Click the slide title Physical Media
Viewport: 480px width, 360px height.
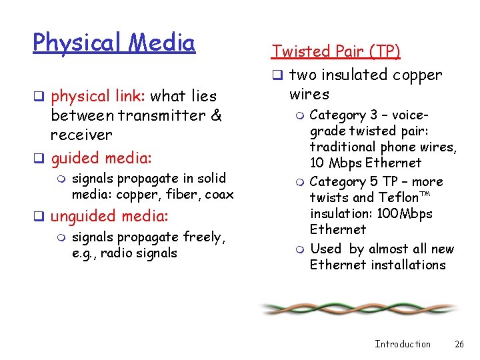pos(114,43)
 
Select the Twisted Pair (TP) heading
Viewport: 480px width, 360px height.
pos(335,51)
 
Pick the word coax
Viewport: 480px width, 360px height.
pos(219,194)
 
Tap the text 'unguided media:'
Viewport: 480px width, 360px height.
pos(109,216)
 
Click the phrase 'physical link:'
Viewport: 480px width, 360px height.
pos(99,96)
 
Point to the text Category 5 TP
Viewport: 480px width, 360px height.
pos(357,181)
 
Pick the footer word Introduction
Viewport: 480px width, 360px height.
pos(403,344)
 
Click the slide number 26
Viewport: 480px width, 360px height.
pos(459,344)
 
